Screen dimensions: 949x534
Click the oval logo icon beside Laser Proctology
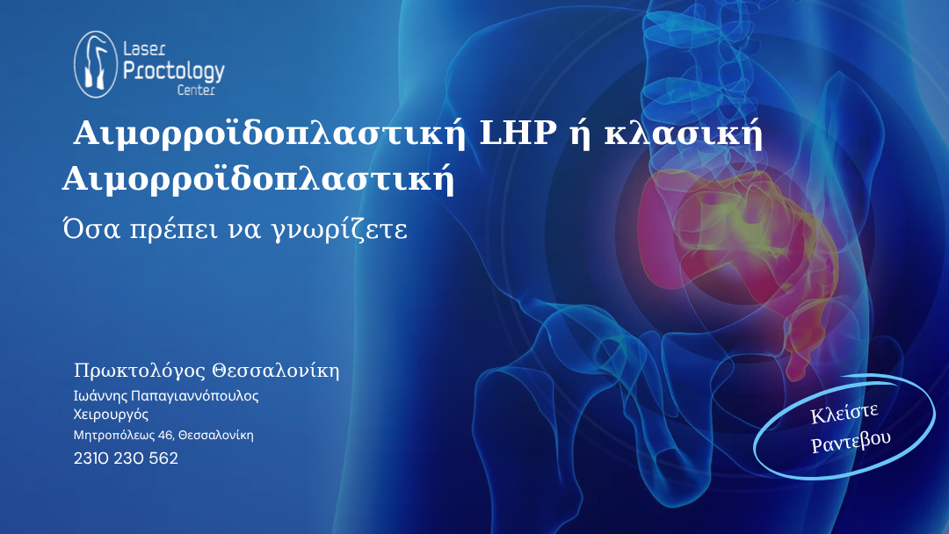pyautogui.click(x=96, y=64)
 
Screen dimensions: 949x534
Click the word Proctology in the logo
pyautogui.click(x=174, y=71)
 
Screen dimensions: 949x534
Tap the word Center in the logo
pyautogui.click(x=196, y=90)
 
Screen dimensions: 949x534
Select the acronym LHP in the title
pyautogui.click(x=518, y=133)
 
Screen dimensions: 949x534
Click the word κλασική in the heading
pyautogui.click(x=684, y=133)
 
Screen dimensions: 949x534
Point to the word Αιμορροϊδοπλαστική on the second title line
pyautogui.click(x=258, y=180)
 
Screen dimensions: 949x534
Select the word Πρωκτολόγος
pyautogui.click(x=140, y=371)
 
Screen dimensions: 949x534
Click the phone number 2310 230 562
pyautogui.click(x=126, y=458)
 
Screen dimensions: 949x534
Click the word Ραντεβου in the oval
pyautogui.click(x=851, y=441)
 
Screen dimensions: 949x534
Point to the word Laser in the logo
pyautogui.click(x=144, y=49)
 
